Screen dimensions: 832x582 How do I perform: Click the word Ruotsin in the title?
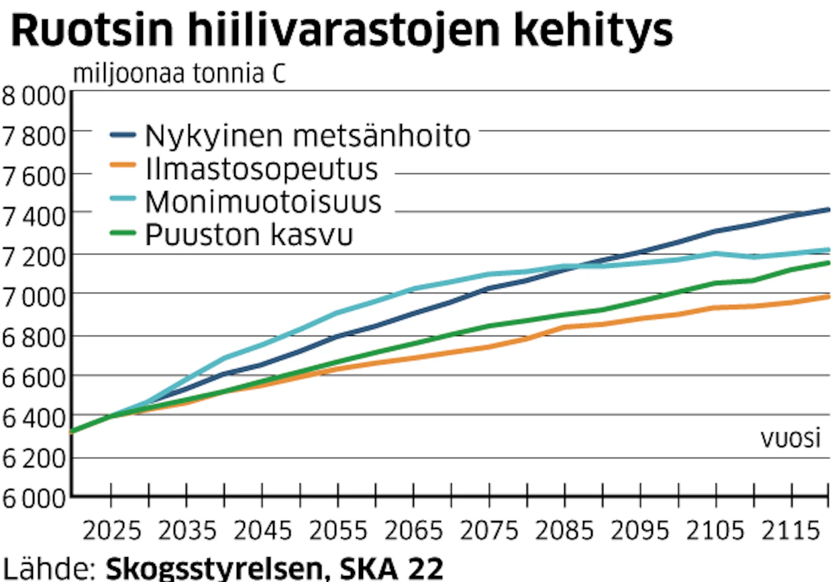click(x=93, y=30)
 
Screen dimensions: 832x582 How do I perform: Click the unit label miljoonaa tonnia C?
click(x=180, y=74)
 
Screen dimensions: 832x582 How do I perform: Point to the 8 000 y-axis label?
click(x=34, y=96)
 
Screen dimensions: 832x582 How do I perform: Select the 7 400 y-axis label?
click(x=34, y=217)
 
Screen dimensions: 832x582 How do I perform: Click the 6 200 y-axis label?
click(x=34, y=459)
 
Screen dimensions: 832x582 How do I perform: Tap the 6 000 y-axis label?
click(x=34, y=498)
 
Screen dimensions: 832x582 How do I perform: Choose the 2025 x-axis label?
click(x=112, y=531)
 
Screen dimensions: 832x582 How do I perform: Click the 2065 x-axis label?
click(x=414, y=531)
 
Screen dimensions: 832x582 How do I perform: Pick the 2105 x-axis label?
click(x=715, y=531)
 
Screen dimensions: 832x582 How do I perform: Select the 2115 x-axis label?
click(x=791, y=531)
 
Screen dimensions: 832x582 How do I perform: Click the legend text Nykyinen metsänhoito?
click(x=308, y=137)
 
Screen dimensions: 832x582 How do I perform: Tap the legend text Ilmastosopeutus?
click(x=262, y=169)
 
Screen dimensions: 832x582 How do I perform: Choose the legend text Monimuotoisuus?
click(x=263, y=202)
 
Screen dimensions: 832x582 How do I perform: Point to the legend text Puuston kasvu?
click(x=249, y=235)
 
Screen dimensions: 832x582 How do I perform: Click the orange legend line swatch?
click(x=123, y=165)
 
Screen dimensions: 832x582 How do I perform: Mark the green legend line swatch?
click(x=123, y=233)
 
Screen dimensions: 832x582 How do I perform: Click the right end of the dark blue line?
click(x=829, y=210)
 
